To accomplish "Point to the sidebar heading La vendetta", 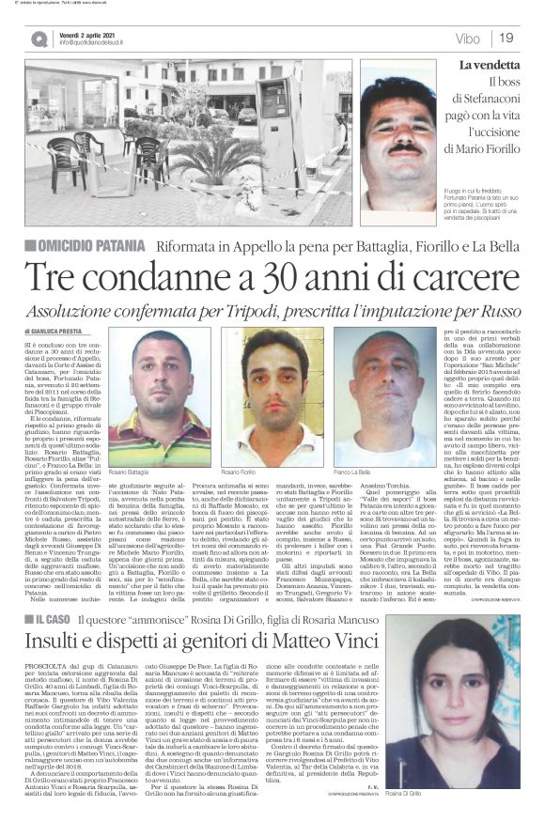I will click(488, 65).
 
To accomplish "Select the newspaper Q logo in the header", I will click(39, 39).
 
